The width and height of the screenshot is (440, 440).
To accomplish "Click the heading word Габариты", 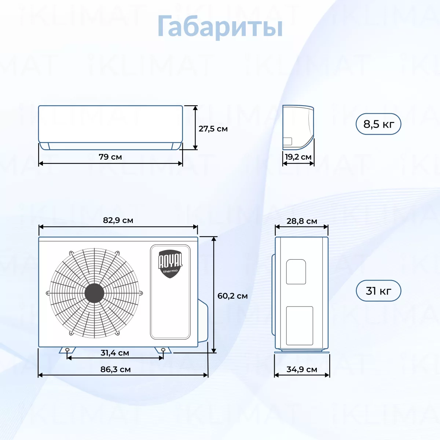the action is point(220,26).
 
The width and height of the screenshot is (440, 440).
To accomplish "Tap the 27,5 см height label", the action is point(213,129).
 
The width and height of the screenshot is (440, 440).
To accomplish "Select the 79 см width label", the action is point(110,157).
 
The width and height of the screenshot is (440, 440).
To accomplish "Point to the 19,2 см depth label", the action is point(298,157).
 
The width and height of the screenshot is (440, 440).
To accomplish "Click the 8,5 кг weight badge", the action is point(378,124).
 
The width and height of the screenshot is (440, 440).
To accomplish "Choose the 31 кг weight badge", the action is point(378,291).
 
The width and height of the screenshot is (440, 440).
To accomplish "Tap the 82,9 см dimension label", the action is point(118,220).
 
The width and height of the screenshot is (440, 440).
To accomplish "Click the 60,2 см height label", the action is point(232,296).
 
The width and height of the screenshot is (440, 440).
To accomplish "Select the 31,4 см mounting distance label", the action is point(115,353).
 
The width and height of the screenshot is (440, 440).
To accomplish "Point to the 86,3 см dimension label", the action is point(115,369).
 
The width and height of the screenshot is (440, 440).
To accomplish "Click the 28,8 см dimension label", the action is point(302,221).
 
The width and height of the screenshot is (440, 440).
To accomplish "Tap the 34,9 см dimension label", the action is point(302,369).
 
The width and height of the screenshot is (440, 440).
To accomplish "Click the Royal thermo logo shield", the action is point(170,264).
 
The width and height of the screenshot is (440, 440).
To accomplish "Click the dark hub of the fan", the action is point(94,293).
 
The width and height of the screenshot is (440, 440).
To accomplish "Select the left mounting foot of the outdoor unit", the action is point(67,350).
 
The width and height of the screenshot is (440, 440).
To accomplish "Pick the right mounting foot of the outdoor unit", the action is point(163,350).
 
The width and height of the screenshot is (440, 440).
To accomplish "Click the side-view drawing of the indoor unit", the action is point(298,127).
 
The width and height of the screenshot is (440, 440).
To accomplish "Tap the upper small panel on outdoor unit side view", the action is point(296,272).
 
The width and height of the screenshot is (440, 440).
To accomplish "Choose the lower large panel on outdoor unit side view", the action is point(300,326).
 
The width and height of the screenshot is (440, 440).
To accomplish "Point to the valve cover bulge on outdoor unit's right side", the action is point(203,320).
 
